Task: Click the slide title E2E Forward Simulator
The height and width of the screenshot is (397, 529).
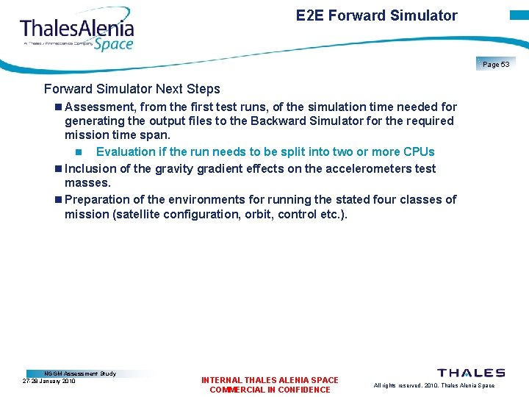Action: click(376, 15)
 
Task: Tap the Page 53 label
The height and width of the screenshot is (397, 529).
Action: click(496, 65)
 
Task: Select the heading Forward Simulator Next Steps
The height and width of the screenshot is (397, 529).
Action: click(132, 89)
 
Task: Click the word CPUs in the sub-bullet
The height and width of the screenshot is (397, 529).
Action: click(419, 151)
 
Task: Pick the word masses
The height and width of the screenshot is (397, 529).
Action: click(87, 182)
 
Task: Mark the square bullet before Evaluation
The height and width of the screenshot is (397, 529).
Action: click(79, 152)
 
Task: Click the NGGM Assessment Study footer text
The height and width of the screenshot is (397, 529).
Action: click(80, 373)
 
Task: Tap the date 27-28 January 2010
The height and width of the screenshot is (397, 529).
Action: click(49, 381)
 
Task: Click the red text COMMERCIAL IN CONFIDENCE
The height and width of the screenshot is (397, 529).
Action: click(270, 390)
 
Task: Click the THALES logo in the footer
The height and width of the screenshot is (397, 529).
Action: click(471, 373)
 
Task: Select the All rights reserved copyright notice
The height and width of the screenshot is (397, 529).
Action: click(433, 385)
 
